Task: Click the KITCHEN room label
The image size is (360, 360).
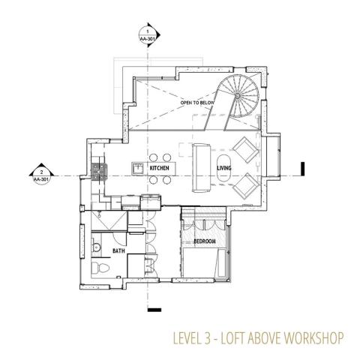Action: click(159, 168)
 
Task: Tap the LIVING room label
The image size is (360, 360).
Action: click(224, 168)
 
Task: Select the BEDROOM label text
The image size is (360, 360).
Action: click(205, 241)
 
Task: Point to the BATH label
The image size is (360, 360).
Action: click(118, 250)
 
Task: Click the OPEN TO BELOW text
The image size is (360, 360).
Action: click(197, 103)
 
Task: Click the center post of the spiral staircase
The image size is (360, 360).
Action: click(237, 95)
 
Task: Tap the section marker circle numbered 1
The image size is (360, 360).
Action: click(147, 35)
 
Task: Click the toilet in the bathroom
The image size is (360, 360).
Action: click(100, 268)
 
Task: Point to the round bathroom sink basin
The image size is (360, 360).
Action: click(96, 247)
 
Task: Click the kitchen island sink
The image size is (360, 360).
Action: click(137, 168)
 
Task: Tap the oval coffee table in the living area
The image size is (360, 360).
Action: click(223, 169)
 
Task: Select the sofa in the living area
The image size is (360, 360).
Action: click(201, 168)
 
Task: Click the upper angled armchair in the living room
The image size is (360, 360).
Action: click(246, 150)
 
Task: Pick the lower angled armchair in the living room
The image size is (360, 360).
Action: click(246, 186)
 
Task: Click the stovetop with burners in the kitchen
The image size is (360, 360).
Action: click(100, 172)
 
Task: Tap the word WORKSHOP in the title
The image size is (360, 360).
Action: click(313, 338)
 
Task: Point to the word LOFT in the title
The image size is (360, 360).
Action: click(232, 338)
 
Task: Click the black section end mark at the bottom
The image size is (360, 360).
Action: click(154, 310)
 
